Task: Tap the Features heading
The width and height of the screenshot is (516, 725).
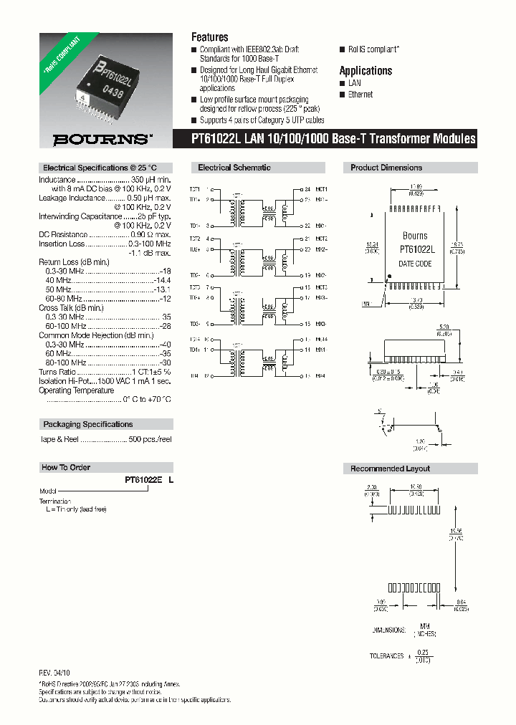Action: tap(209, 37)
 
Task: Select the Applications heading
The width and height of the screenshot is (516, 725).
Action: tap(365, 71)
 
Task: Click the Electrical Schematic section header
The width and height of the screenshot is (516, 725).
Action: tap(234, 168)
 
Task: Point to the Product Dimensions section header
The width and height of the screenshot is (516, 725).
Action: tap(386, 168)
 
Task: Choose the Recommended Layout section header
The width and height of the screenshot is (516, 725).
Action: tap(390, 469)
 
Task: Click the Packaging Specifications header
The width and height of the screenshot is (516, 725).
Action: tap(87, 424)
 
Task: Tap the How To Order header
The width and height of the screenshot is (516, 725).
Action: tap(66, 467)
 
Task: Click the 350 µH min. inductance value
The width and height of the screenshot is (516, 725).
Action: tap(150, 179)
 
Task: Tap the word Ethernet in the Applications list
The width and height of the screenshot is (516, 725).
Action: tap(360, 95)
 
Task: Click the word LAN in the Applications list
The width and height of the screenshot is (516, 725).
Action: tap(355, 83)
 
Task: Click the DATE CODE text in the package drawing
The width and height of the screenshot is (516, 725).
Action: tap(415, 264)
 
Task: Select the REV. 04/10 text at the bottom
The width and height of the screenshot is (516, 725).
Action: tap(54, 674)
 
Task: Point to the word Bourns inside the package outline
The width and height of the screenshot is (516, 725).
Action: tap(415, 236)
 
